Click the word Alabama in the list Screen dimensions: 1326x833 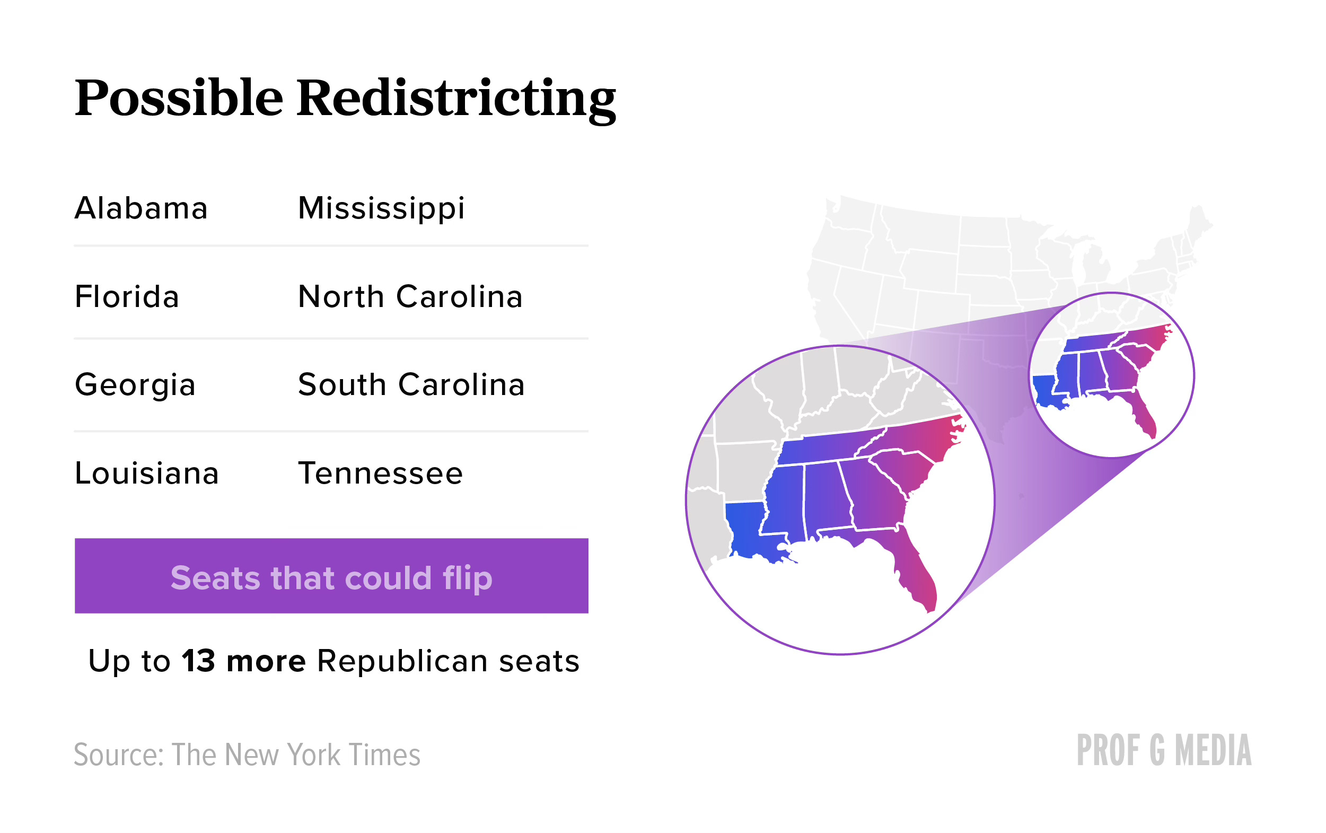141,208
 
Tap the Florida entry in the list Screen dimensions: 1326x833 127,296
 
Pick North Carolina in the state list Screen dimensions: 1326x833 410,296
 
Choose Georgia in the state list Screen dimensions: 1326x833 135,385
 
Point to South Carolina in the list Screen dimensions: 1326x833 411,384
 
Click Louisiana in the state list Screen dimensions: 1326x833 146,473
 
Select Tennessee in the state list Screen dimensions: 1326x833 381,473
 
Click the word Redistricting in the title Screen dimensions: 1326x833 456,99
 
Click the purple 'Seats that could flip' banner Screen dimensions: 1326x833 331,575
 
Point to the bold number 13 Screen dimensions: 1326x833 198,661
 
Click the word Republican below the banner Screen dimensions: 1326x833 402,661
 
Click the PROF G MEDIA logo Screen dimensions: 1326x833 1164,750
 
